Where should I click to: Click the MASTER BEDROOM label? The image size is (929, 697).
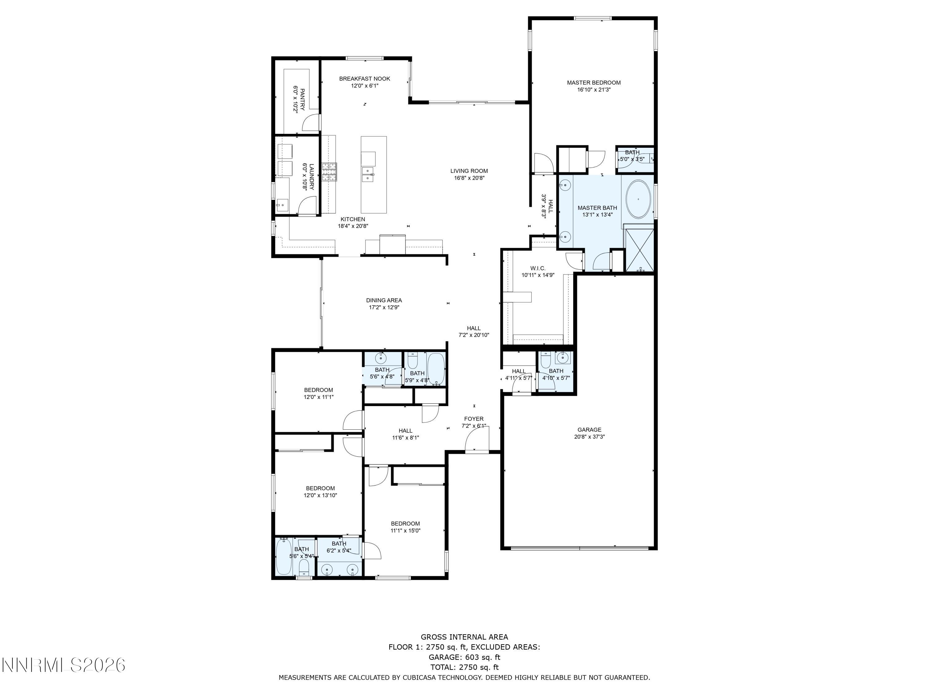coord(593,83)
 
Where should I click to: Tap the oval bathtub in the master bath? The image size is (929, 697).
coord(638,199)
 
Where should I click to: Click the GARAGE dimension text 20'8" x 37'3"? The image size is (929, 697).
coord(589,436)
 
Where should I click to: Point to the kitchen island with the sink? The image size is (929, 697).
coord(373,174)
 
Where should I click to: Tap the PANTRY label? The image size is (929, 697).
coord(302,99)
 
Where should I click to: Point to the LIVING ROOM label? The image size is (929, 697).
coord(469,171)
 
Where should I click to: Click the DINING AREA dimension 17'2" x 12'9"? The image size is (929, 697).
coord(384,307)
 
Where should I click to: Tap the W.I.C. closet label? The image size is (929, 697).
coord(538,268)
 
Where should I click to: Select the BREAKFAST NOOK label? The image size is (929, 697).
coord(364,79)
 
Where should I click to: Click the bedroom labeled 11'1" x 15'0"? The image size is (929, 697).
coord(405,527)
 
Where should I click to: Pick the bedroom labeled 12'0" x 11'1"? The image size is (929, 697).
coord(318,393)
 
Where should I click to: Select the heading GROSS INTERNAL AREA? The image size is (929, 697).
coord(464,637)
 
